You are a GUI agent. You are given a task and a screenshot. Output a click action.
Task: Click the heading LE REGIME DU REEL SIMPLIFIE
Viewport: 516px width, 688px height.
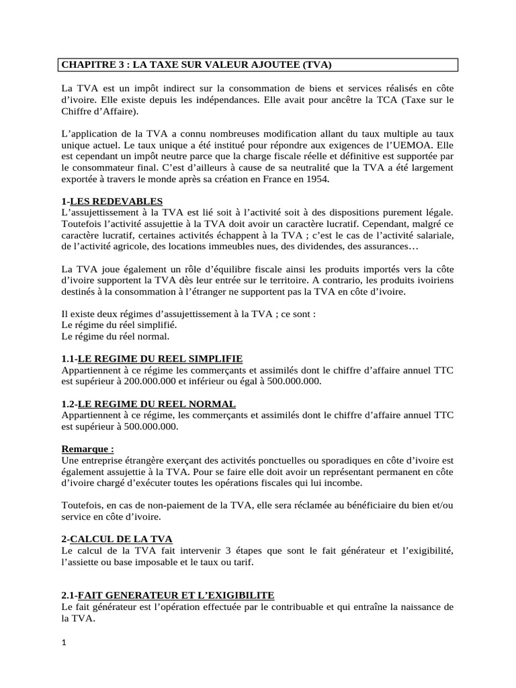click(x=160, y=359)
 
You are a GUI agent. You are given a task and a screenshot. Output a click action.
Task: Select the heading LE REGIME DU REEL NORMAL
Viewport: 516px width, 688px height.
click(x=157, y=404)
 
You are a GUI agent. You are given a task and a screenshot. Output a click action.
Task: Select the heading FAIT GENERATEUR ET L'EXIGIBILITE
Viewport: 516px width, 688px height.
click(x=176, y=596)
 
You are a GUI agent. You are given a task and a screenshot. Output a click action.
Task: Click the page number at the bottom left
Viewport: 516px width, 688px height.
click(x=64, y=643)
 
